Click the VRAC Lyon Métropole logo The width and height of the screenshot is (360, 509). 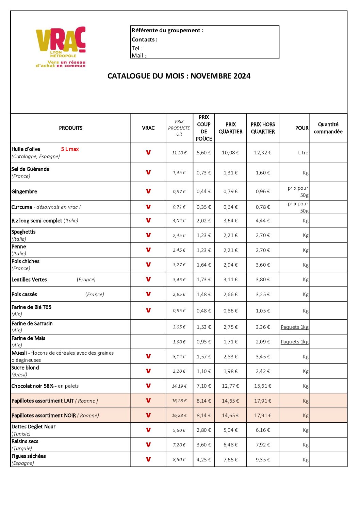(x=61, y=47)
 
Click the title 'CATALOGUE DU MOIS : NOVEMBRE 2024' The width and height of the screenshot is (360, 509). (x=179, y=76)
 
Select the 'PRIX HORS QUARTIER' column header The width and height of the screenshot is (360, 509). (x=263, y=128)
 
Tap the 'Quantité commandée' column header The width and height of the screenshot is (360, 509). (x=328, y=128)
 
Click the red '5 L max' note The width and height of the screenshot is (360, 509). (x=70, y=149)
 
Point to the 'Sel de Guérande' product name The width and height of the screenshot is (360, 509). (x=31, y=169)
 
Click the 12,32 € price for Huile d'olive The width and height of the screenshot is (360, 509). (x=263, y=153)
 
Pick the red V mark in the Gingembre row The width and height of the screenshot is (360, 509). (x=148, y=191)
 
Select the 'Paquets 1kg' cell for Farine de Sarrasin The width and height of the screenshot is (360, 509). (x=295, y=327)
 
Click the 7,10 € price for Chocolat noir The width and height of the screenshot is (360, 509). (x=204, y=386)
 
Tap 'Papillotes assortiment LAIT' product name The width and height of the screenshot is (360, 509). (x=43, y=401)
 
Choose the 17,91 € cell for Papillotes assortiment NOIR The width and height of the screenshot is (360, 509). (x=263, y=415)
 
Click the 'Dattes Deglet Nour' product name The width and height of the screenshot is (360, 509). (x=33, y=427)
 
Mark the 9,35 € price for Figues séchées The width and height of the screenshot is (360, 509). (x=263, y=460)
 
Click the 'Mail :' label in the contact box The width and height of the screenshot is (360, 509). (x=139, y=55)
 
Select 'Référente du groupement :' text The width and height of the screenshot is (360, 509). (x=167, y=30)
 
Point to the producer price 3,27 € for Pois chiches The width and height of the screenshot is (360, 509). (x=179, y=265)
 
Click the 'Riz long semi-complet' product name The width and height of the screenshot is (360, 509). (x=37, y=221)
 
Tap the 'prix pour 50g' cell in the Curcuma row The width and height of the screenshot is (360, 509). (x=298, y=207)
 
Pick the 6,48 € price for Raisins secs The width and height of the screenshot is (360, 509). (x=230, y=445)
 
